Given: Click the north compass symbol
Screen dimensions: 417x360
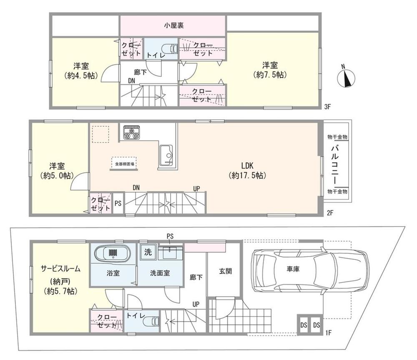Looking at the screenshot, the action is pyautogui.click(x=346, y=77).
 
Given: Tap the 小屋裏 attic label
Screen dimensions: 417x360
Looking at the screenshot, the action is pyautogui.click(x=174, y=25).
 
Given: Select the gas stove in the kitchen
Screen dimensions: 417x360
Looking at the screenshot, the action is pyautogui.click(x=131, y=132).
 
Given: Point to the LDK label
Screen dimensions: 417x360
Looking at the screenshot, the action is pyautogui.click(x=247, y=166).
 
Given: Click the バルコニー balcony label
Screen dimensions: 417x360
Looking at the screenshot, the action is pyautogui.click(x=336, y=164).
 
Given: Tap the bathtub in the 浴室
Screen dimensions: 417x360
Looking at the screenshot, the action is pyautogui.click(x=113, y=252).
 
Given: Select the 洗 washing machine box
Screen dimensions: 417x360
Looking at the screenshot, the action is pyautogui.click(x=148, y=252).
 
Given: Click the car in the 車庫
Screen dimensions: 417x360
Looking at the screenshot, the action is pyautogui.click(x=310, y=271).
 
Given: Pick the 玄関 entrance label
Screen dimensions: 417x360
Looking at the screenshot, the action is pyautogui.click(x=225, y=271).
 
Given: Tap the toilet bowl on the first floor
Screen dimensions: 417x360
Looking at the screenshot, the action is pyautogui.click(x=151, y=321).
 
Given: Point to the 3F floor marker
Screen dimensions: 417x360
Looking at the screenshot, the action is pyautogui.click(x=327, y=107).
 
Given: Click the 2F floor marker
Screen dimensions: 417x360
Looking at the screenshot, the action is pyautogui.click(x=330, y=213).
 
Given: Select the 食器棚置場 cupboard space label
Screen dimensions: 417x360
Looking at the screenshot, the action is pyautogui.click(x=124, y=164).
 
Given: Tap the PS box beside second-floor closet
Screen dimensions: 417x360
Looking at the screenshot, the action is pyautogui.click(x=118, y=203).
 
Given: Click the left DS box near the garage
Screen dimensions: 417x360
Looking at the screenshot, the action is pyautogui.click(x=304, y=325).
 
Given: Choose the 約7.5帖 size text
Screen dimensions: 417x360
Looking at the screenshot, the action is pyautogui.click(x=270, y=75).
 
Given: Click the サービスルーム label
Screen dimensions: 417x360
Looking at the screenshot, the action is pyautogui.click(x=60, y=269).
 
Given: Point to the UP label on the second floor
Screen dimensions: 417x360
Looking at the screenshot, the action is pyautogui.click(x=196, y=189).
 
